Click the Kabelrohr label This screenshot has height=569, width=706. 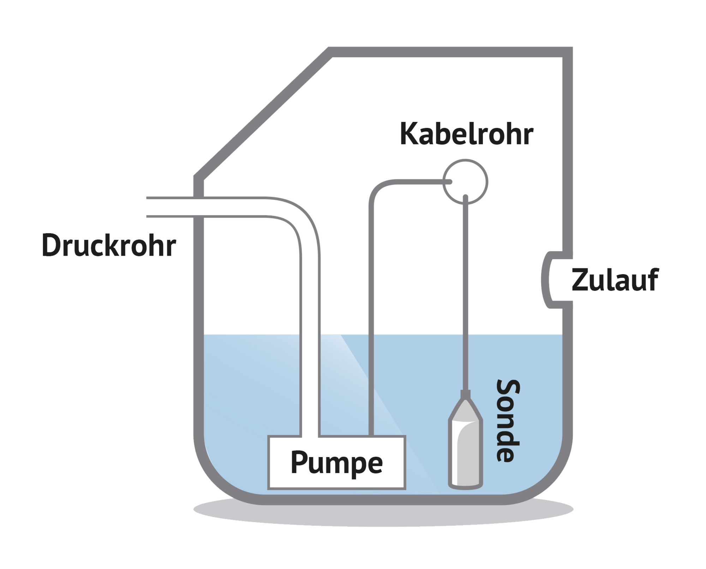[x=466, y=134]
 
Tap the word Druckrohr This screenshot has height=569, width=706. [x=109, y=244]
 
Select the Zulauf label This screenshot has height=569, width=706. [x=615, y=280]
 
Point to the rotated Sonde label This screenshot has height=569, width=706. [x=509, y=420]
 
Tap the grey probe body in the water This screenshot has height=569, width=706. [x=465, y=452]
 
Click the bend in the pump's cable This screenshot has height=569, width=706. [x=378, y=189]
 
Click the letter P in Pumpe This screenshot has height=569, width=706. [x=298, y=462]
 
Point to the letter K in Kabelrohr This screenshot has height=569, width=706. [x=408, y=134]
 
